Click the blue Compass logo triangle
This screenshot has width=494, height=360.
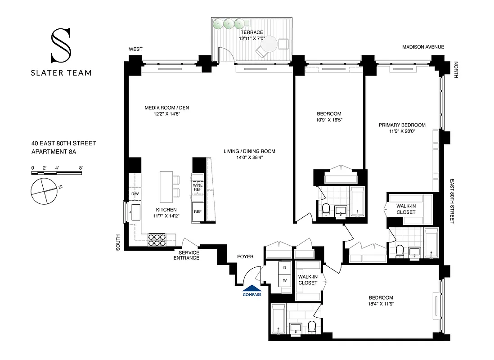(x=252, y=288)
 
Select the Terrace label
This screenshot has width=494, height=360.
(x=251, y=33)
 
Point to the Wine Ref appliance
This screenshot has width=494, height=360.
(x=198, y=187)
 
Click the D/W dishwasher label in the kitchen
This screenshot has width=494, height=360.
(x=135, y=194)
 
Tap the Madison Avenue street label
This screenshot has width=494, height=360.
(x=423, y=47)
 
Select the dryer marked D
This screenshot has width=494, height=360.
(x=285, y=268)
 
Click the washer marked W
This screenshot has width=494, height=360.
(x=285, y=280)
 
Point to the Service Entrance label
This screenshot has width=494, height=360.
(x=186, y=255)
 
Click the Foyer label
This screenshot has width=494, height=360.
(x=245, y=256)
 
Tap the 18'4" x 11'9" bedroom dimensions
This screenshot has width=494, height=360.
(x=381, y=304)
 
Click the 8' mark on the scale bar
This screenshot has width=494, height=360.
(x=81, y=168)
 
